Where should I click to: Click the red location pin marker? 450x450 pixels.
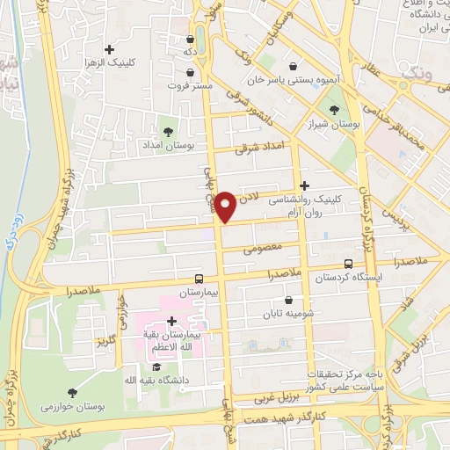(x=226, y=206)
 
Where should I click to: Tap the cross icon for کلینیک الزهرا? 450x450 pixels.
(x=109, y=49)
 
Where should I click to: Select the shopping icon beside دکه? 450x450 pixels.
(x=191, y=39)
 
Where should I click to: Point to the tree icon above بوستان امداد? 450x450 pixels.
(x=166, y=130)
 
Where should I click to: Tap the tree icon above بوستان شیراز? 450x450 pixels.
(x=333, y=110)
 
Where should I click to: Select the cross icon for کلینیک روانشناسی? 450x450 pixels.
(x=305, y=185)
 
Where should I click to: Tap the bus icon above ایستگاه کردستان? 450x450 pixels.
(x=349, y=263)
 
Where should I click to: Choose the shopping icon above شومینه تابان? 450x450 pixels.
(x=288, y=301)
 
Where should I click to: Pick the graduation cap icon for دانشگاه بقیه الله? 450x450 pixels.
(x=156, y=367)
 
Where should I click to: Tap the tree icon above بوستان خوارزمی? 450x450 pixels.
(x=72, y=393)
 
